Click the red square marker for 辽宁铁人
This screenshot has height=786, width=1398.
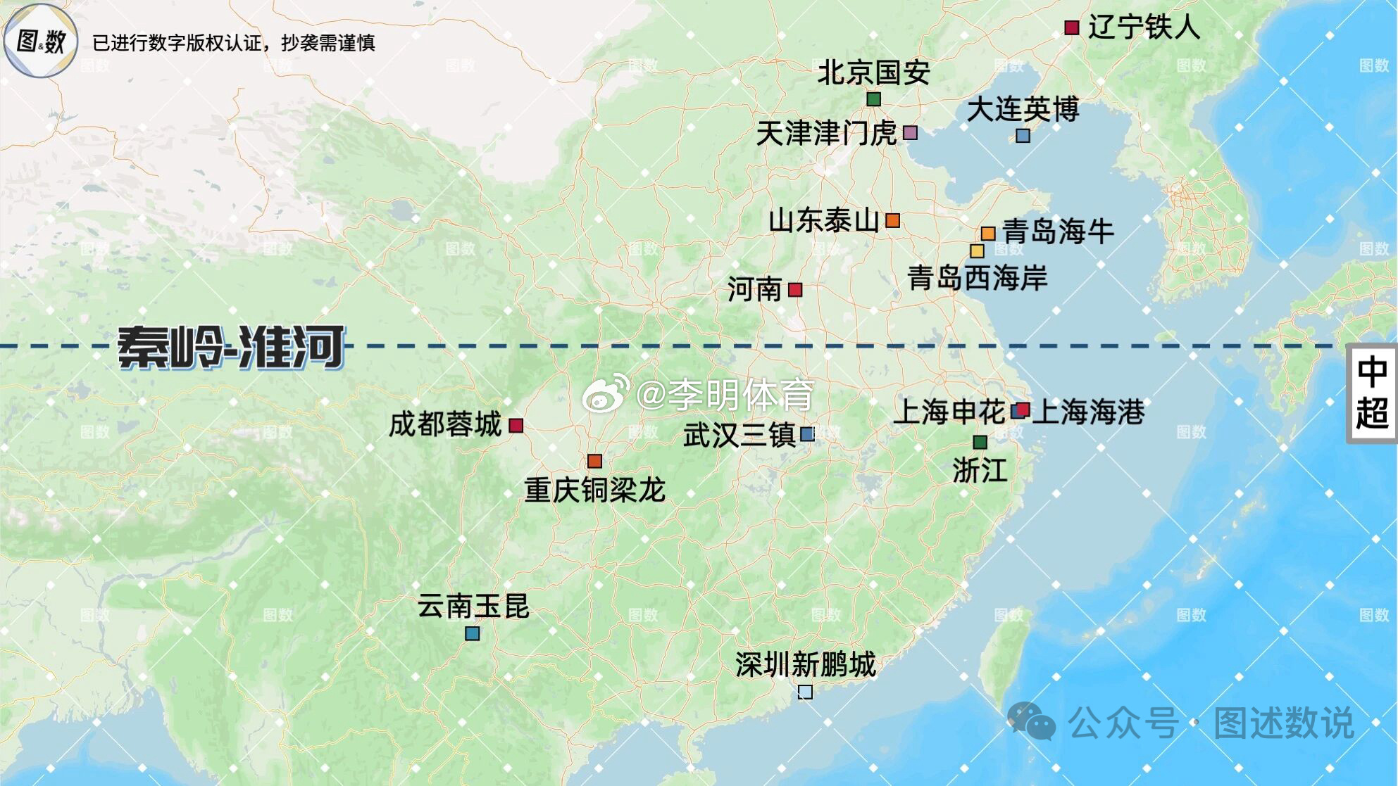click(1071, 28)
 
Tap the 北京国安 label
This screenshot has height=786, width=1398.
click(873, 72)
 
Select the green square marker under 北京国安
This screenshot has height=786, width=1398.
click(873, 99)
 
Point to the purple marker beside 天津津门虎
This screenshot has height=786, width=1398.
click(910, 132)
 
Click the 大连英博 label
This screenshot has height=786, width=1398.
click(1023, 110)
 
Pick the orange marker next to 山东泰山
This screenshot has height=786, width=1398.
click(892, 220)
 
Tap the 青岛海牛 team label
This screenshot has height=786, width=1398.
click(1058, 232)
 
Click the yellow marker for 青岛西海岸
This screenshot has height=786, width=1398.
click(977, 251)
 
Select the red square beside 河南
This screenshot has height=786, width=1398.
click(795, 289)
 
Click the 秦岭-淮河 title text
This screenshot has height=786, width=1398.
click(231, 347)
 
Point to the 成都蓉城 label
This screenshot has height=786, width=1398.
click(445, 425)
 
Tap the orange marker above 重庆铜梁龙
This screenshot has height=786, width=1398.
click(594, 461)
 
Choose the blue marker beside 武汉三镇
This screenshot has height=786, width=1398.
click(807, 434)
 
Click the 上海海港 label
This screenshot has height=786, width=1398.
click(1089, 412)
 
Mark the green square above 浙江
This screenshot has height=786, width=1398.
click(980, 442)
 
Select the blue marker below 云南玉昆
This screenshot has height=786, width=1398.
click(472, 633)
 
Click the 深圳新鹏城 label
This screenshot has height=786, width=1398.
click(806, 664)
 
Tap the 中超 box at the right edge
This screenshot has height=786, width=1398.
click(1371, 393)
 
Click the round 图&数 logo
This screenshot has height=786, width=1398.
click(40, 41)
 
